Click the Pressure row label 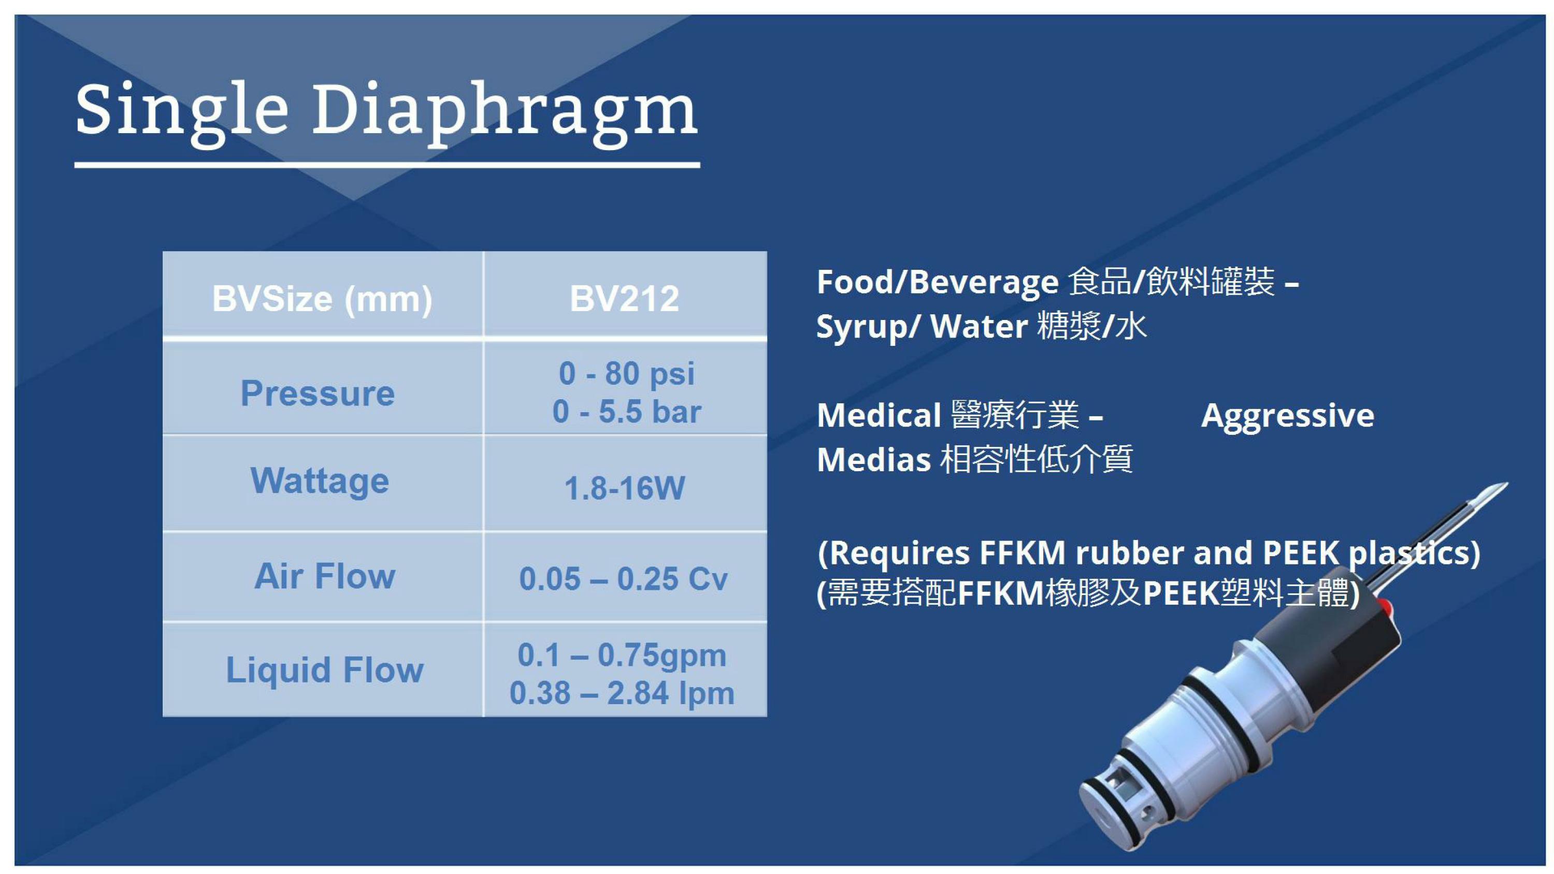318,394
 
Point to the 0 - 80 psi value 626,373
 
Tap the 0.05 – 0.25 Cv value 624,579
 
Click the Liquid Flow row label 325,669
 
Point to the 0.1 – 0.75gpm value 622,655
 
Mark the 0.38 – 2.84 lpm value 622,693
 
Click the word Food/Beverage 938,282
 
